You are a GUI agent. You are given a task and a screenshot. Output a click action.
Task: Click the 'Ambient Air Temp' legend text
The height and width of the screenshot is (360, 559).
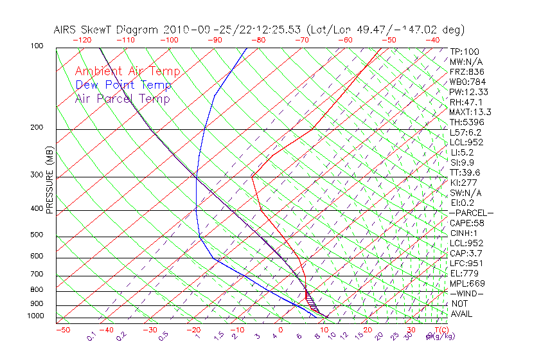click(x=127, y=71)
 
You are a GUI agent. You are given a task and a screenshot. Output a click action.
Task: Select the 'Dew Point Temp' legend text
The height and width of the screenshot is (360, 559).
click(x=123, y=85)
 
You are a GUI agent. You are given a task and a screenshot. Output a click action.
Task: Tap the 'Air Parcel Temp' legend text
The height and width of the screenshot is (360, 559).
click(x=122, y=98)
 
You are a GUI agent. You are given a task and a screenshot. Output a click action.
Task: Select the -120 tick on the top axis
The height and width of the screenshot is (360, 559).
click(x=82, y=40)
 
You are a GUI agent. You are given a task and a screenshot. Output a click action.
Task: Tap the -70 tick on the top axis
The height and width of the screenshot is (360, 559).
click(x=301, y=40)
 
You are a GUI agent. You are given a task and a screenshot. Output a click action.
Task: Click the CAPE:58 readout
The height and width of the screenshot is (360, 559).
click(x=467, y=223)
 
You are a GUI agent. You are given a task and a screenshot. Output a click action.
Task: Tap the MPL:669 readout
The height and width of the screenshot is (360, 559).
click(x=467, y=283)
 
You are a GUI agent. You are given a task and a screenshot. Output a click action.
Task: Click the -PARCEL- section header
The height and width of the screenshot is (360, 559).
click(x=471, y=213)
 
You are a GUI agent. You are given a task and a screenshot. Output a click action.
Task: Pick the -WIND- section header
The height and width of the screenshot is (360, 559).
click(x=467, y=293)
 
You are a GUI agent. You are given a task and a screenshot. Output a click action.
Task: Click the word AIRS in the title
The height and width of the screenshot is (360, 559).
click(x=66, y=30)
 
